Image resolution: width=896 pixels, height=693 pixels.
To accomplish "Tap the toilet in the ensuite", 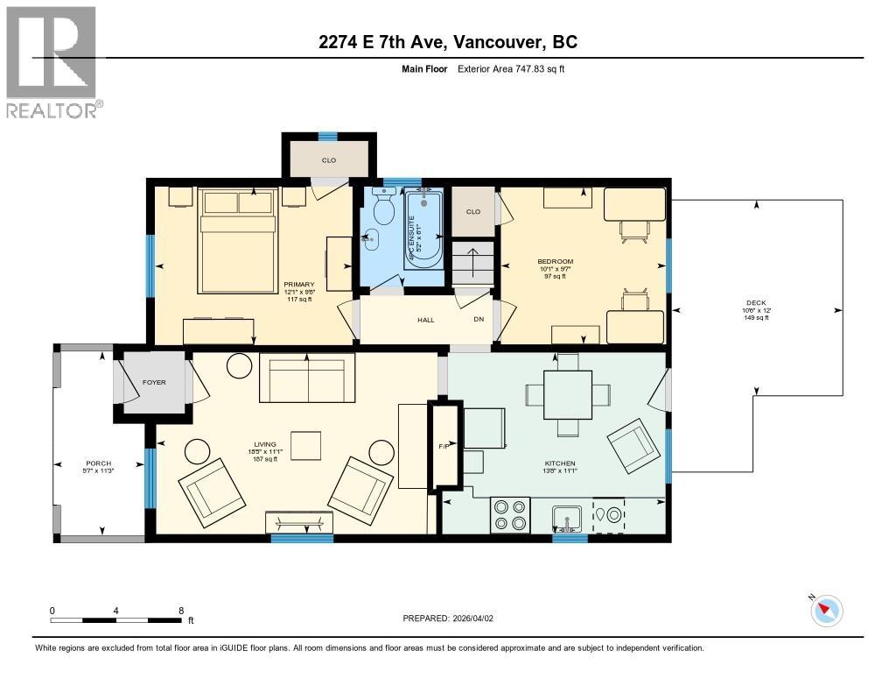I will (382, 208).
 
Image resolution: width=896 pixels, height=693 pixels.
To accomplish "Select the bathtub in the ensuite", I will (423, 228).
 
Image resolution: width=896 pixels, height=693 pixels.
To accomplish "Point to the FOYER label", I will (154, 382).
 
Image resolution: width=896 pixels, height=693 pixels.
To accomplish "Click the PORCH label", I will (98, 463).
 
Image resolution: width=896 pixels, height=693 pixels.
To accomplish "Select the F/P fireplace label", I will (444, 446).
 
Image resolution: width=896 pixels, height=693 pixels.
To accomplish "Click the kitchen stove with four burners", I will (510, 514).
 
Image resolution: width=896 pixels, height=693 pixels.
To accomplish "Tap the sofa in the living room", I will (306, 378).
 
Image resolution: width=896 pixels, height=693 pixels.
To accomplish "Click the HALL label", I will (425, 320).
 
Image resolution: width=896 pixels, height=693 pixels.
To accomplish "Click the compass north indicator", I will (826, 610).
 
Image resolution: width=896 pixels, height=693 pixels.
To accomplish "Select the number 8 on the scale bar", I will (180, 611).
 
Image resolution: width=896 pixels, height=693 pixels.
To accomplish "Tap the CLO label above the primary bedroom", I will (329, 160).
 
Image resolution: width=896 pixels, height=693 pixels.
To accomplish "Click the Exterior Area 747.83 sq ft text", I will (511, 68).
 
